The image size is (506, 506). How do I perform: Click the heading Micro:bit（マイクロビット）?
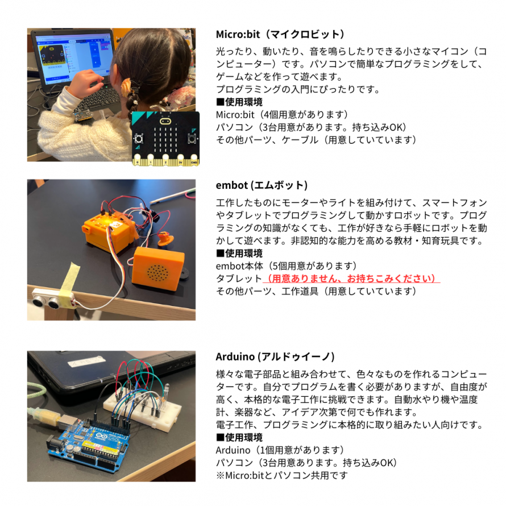coord(280,34)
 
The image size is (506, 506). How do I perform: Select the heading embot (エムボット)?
coord(262,185)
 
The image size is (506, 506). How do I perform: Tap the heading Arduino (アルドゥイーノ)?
coord(275,356)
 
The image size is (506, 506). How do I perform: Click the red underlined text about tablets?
coord(351,278)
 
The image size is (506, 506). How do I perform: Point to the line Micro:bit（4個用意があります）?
coord(282,114)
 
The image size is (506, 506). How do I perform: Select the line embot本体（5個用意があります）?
coord(286,266)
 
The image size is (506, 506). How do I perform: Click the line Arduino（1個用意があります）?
coord(280,450)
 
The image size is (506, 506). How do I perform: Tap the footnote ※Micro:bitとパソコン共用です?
coord(282,475)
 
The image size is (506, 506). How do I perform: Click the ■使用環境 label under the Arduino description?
coord(239,437)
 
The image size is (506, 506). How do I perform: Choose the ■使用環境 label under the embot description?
coord(239,254)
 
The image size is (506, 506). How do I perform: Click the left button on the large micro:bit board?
coord(139,139)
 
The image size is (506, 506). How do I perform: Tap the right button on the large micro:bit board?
coord(193,139)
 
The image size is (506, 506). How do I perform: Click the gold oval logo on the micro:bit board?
coord(165,122)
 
